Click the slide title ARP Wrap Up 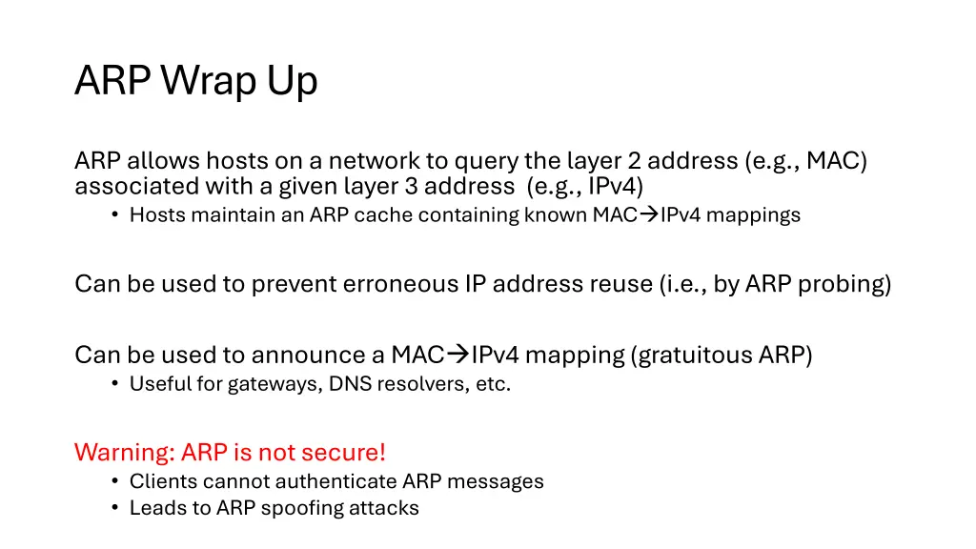tap(195, 82)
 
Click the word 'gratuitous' tap(692, 356)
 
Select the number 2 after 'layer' tap(634, 160)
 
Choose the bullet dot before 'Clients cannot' tap(114, 481)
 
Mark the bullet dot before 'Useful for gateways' tap(114, 385)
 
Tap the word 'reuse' tap(621, 284)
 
